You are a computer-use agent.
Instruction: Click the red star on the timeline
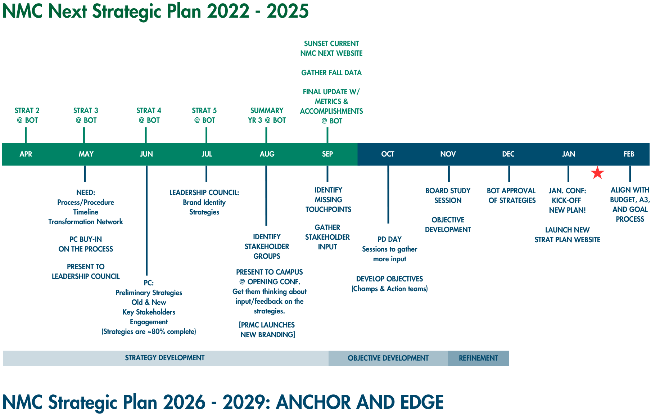coord(597,173)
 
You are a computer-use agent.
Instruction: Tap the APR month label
coord(26,154)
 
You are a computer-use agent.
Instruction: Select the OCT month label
coord(388,154)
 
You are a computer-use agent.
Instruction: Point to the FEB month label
coord(629,154)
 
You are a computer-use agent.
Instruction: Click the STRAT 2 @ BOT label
coord(27,115)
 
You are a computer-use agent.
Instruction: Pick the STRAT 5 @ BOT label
coord(204,115)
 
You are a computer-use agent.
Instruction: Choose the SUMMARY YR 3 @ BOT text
coord(267,115)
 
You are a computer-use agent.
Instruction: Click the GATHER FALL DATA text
coord(331,73)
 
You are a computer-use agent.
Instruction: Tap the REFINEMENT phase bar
coord(478,358)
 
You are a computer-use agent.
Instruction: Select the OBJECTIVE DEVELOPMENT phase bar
coord(388,358)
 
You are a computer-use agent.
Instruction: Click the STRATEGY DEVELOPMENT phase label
coord(165,358)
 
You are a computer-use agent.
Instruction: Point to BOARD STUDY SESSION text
coord(448,195)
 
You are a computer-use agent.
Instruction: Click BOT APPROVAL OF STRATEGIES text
coord(511,195)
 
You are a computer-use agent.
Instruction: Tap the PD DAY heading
coord(389,239)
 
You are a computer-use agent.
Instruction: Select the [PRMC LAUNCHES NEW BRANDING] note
coord(267,330)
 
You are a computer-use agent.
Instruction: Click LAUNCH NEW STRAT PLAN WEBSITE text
coord(567,235)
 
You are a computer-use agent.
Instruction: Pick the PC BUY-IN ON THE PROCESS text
coord(86,244)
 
